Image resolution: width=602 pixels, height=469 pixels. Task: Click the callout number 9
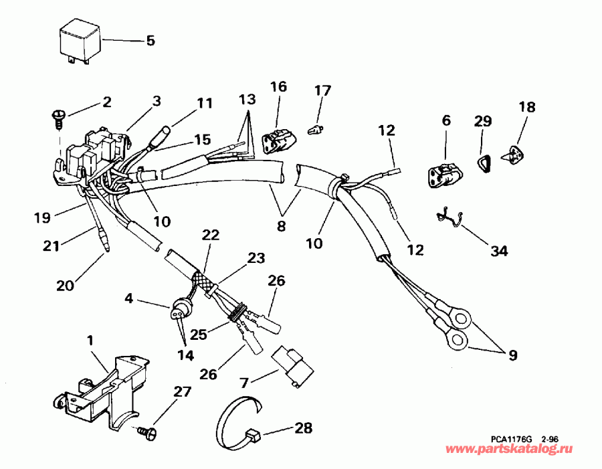tap(512, 355)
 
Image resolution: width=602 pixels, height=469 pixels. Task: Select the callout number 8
tap(282, 225)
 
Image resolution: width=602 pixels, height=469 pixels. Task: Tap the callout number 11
tap(204, 103)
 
